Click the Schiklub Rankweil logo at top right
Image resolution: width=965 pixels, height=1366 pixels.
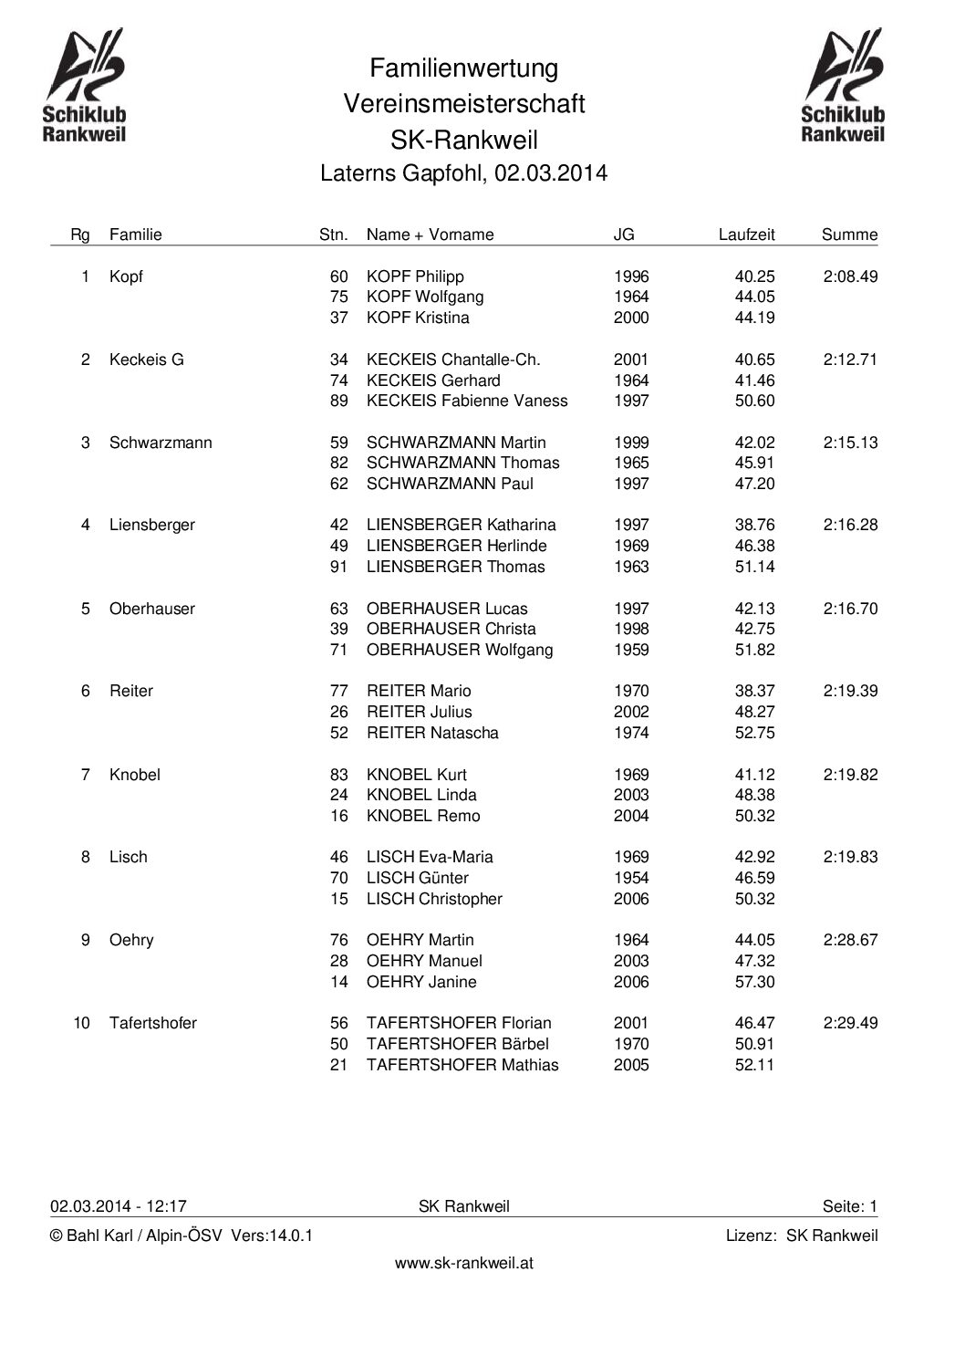pyautogui.click(x=843, y=86)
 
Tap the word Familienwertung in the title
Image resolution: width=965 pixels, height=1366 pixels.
pyautogui.click(x=463, y=68)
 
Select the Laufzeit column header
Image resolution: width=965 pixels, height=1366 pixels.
pyautogui.click(x=746, y=235)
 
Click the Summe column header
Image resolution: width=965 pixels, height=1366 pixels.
pyautogui.click(x=849, y=235)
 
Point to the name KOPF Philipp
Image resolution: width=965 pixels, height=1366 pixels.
pyautogui.click(x=415, y=276)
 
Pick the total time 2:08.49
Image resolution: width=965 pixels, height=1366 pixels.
pyautogui.click(x=850, y=276)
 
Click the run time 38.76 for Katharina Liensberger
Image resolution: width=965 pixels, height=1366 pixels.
pyautogui.click(x=754, y=525)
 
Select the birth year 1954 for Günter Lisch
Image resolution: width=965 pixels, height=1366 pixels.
pyautogui.click(x=631, y=878)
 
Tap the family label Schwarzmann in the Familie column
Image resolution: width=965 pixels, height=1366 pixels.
pyautogui.click(x=161, y=443)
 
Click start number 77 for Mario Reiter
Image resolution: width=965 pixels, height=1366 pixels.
pyautogui.click(x=339, y=691)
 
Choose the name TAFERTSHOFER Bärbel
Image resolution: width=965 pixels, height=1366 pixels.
pyautogui.click(x=458, y=1044)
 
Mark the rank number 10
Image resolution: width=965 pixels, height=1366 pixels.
pyautogui.click(x=82, y=1023)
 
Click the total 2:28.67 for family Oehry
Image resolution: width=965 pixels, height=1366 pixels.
pyautogui.click(x=850, y=940)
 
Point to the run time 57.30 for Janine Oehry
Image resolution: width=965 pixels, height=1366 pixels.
pyautogui.click(x=754, y=982)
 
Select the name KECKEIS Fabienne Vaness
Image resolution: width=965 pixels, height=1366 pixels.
pyautogui.click(x=467, y=401)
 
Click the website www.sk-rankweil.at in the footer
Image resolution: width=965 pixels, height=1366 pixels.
pyautogui.click(x=463, y=1263)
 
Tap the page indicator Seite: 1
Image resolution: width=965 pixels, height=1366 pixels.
pyautogui.click(x=849, y=1206)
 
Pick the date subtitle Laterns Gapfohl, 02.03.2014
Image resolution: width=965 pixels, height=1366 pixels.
pyautogui.click(x=463, y=173)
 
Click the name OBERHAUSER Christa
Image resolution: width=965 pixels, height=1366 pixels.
pyautogui.click(x=451, y=629)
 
